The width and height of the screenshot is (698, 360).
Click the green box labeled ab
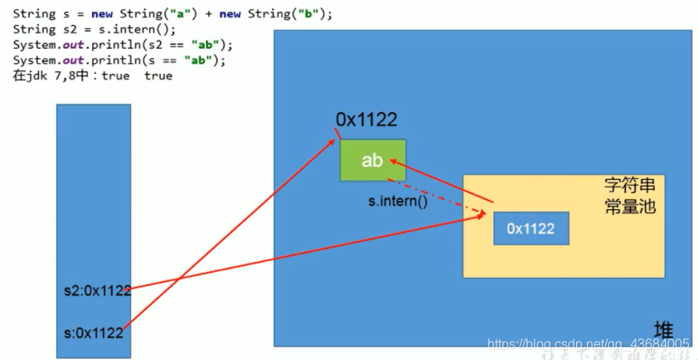click(x=372, y=160)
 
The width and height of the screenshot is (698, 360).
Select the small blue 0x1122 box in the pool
click(x=531, y=228)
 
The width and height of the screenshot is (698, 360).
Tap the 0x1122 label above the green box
click(x=366, y=120)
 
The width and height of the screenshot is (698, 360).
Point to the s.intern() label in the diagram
click(x=398, y=202)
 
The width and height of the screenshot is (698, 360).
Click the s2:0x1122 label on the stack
click(x=97, y=290)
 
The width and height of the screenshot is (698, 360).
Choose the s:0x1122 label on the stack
click(x=93, y=333)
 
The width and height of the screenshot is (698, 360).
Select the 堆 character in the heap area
click(x=663, y=328)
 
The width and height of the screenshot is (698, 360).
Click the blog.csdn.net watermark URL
click(x=588, y=343)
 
